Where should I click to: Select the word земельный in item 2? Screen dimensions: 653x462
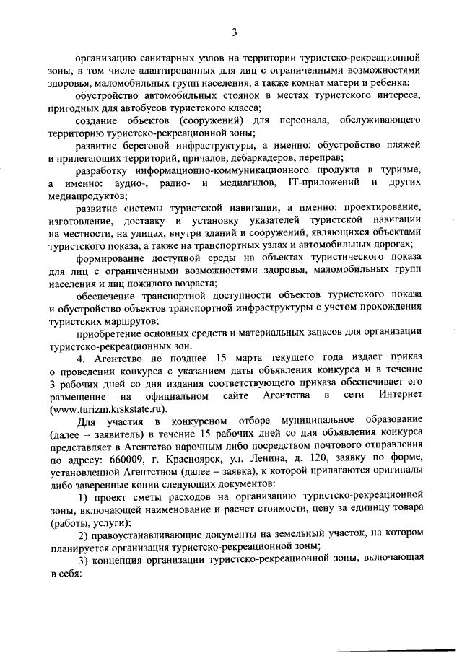pyautogui.click(x=278, y=535)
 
